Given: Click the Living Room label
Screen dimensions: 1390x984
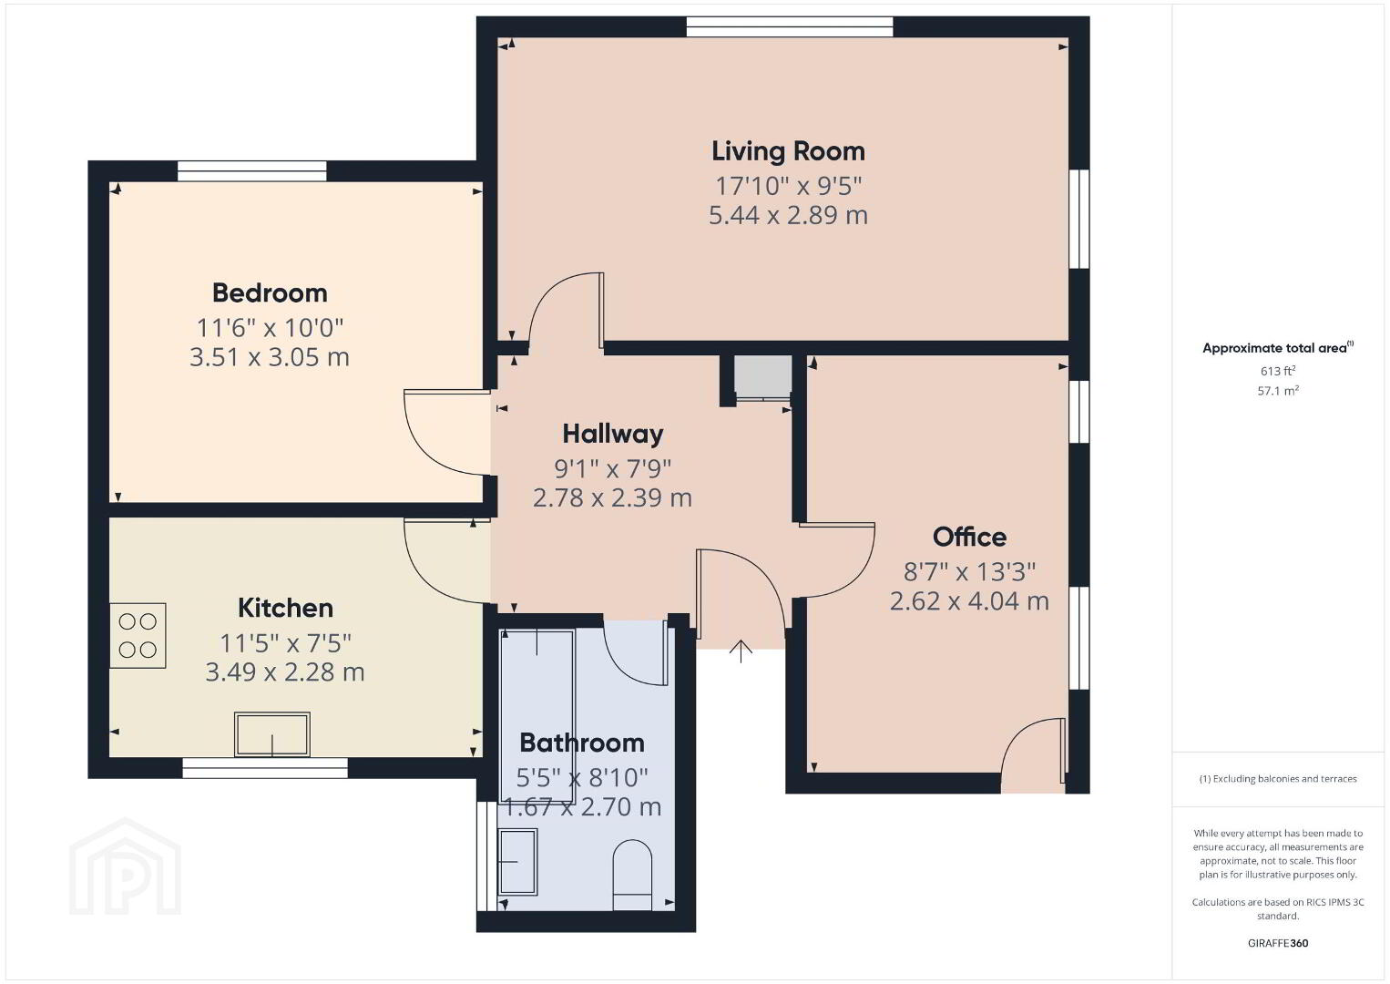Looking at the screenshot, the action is click(788, 151).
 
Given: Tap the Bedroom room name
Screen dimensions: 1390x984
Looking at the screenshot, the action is click(270, 293).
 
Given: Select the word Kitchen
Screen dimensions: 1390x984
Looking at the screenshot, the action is click(285, 608).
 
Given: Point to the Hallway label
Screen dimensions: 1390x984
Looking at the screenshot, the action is click(613, 435).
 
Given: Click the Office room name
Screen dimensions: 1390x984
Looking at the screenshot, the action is click(969, 537).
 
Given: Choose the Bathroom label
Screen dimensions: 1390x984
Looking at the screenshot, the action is click(582, 743).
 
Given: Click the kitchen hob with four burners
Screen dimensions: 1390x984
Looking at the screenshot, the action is click(138, 635).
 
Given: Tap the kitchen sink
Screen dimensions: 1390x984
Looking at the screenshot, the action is click(271, 734).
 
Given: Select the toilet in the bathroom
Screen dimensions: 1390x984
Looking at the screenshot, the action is click(632, 875).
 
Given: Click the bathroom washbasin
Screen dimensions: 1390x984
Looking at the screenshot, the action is click(518, 862).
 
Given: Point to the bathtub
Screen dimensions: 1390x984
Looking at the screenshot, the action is click(537, 716).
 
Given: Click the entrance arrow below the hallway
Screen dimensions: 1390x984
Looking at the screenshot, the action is click(741, 651).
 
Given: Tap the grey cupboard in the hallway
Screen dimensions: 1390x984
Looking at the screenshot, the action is click(763, 377).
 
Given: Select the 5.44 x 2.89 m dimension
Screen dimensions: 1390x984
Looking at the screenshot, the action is click(788, 215).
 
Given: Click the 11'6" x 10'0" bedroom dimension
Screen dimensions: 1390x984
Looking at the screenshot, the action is click(270, 327).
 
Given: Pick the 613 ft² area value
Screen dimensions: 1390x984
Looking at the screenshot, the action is click(1278, 371).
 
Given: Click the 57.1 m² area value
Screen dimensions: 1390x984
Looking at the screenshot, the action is click(1278, 391).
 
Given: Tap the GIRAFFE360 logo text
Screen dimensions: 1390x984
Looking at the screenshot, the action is click(1278, 943).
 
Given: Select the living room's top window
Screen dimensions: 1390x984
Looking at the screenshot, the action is click(790, 27).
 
